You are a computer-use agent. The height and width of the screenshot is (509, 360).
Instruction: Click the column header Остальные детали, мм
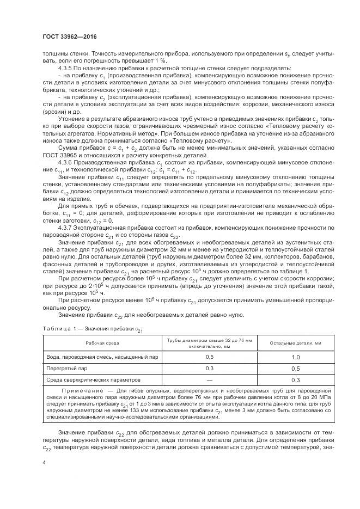pyautogui.click(x=295, y=342)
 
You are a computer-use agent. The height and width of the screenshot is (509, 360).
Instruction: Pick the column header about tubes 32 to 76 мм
pyautogui.click(x=209, y=342)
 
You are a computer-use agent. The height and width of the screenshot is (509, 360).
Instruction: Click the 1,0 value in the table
pyautogui.click(x=295, y=357)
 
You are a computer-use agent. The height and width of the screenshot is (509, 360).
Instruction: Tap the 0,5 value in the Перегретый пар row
pyautogui.click(x=295, y=368)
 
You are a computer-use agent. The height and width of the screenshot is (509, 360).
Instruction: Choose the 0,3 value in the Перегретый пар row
pyautogui.click(x=209, y=368)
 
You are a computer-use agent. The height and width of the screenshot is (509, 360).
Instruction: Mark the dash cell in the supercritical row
pyautogui.click(x=209, y=379)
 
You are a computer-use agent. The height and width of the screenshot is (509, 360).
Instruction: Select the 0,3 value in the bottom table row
pyautogui.click(x=295, y=379)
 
